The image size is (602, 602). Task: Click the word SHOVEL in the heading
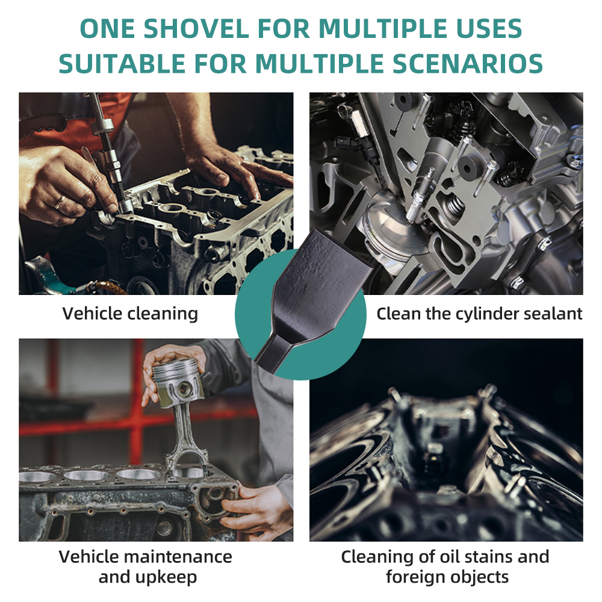pyautogui.click(x=196, y=28)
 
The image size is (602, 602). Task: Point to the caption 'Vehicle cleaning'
pyautogui.click(x=130, y=313)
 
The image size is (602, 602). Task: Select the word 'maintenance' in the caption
pyautogui.click(x=179, y=557)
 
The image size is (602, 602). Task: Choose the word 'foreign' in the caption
pyautogui.click(x=415, y=577)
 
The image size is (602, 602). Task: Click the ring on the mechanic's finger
pyautogui.click(x=60, y=201)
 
